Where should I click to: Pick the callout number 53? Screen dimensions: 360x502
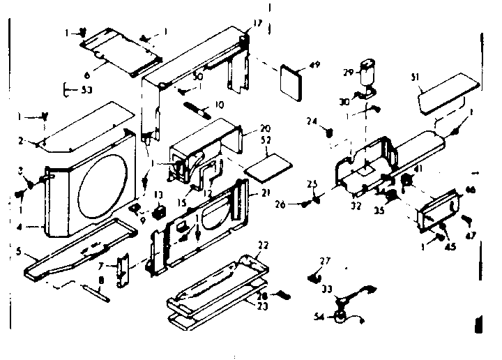(x=68, y=89)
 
